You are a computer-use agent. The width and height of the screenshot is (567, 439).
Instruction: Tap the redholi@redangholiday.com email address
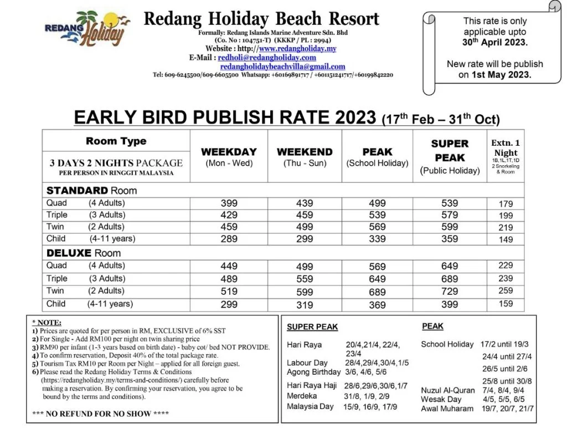point(267,57)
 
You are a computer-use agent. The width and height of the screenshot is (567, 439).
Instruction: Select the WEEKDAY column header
point(229,152)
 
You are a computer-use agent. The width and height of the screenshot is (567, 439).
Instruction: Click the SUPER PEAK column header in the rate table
point(450,151)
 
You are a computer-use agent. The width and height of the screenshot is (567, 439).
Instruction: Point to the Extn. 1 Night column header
point(506,147)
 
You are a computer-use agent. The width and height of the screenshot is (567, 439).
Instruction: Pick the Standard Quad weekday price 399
point(229,203)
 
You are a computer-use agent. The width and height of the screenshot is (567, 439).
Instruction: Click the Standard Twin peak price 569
point(377,227)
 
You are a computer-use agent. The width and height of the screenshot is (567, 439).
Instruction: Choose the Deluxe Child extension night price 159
point(506,304)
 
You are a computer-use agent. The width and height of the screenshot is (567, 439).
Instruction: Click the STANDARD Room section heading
point(91,191)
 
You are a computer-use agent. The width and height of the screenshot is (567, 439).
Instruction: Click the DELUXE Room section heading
point(84,253)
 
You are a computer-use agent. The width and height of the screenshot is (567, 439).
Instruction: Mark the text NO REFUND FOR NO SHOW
point(100,414)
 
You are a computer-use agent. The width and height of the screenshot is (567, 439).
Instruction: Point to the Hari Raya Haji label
point(312,385)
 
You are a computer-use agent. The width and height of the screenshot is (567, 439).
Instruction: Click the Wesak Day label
point(441,399)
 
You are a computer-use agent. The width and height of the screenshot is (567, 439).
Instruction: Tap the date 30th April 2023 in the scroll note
point(495,42)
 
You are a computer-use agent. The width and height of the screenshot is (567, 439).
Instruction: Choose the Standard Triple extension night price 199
point(506,215)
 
